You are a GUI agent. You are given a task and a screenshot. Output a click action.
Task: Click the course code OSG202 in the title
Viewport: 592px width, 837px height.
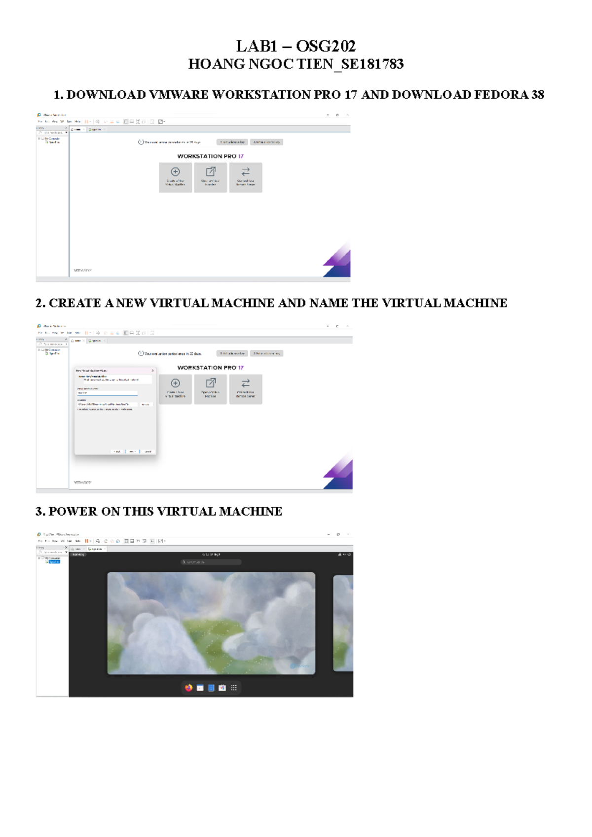tap(326, 46)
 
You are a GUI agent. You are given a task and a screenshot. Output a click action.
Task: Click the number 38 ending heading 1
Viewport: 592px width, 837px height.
tap(538, 95)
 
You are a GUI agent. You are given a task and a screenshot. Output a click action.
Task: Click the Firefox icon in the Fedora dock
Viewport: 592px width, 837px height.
tap(188, 688)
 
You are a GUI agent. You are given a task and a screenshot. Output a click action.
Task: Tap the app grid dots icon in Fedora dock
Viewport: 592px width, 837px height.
tap(234, 688)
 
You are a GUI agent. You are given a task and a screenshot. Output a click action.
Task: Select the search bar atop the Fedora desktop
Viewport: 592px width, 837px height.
tap(211, 562)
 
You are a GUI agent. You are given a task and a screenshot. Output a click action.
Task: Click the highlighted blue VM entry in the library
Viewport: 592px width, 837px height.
tap(54, 562)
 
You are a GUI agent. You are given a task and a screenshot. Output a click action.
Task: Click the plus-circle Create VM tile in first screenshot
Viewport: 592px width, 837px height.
tap(175, 177)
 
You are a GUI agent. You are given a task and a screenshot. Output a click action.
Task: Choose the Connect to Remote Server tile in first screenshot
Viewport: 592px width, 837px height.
tap(245, 177)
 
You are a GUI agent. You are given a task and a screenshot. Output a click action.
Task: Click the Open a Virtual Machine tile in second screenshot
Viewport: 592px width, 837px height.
tap(210, 389)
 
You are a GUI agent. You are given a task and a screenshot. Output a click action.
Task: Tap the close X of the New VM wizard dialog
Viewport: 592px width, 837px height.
tap(152, 370)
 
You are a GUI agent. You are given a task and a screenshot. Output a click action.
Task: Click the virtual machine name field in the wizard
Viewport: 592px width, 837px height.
tap(107, 393)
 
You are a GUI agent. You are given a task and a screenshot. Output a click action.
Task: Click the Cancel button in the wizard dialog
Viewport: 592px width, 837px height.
tap(148, 452)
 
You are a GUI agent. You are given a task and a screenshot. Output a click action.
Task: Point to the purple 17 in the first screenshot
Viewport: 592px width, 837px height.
tap(241, 156)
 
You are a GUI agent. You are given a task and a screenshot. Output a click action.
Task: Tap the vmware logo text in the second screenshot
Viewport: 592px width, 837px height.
tap(82, 483)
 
